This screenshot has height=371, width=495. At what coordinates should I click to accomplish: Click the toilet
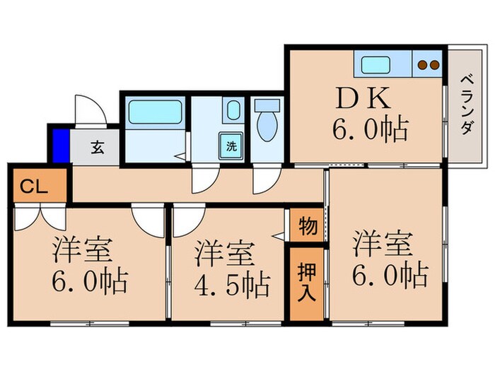[x=267, y=121]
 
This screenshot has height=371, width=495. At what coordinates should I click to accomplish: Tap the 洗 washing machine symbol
[x=231, y=146]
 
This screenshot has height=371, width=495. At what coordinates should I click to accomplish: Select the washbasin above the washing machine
[x=232, y=110]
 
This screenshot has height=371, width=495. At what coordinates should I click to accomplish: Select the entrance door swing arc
[x=87, y=110]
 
